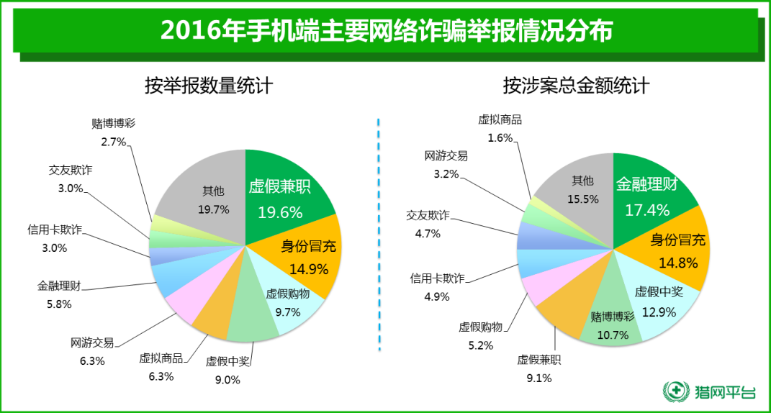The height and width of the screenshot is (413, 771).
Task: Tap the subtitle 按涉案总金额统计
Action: coord(576,86)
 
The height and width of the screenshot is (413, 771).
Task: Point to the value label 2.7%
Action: coord(114,142)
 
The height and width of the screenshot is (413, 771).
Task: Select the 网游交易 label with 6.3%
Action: coord(92,342)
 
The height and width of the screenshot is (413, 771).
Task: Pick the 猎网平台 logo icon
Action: coord(675,392)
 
